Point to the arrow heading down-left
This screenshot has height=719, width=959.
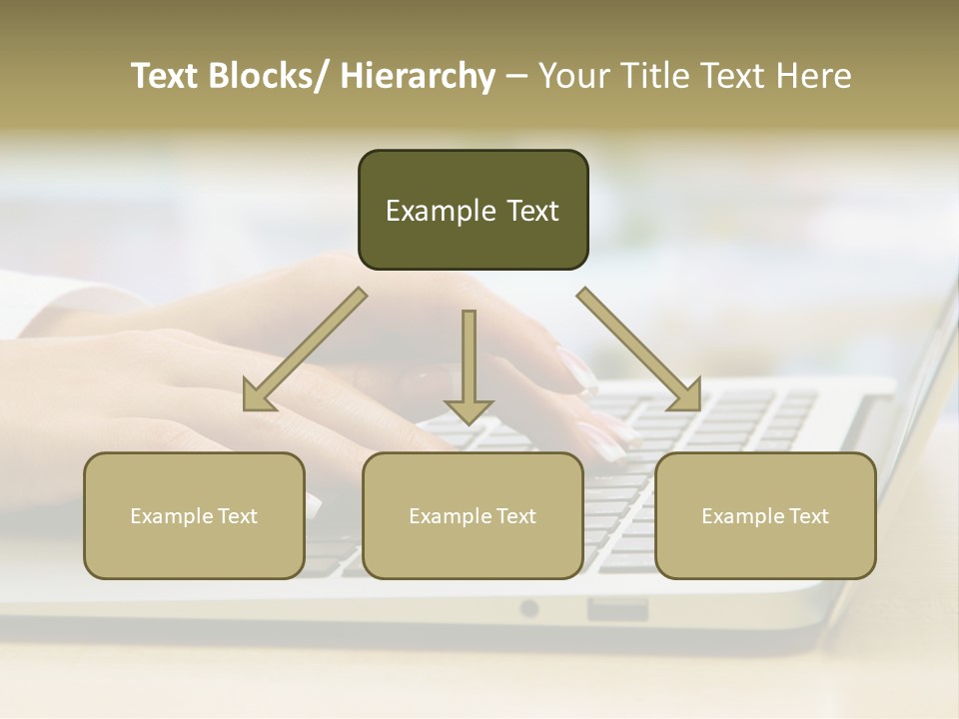[304, 351]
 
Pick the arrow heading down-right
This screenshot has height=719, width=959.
[639, 351]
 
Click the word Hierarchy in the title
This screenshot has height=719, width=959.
[418, 77]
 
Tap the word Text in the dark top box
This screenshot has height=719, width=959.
[531, 212]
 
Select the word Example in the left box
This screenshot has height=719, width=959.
[171, 516]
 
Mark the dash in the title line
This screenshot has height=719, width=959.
[516, 77]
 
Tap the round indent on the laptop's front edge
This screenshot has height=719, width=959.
[528, 608]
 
